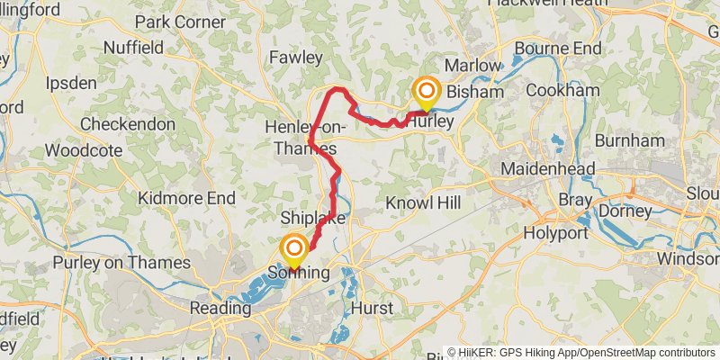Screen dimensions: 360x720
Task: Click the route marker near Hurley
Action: click(x=426, y=92)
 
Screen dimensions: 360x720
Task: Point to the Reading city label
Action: click(x=219, y=308)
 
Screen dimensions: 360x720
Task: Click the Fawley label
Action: click(x=295, y=58)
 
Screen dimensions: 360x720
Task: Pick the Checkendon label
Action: click(x=126, y=123)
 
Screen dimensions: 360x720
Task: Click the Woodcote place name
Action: click(x=83, y=150)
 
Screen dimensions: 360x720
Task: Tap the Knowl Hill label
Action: click(x=423, y=203)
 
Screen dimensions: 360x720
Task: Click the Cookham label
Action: click(x=562, y=91)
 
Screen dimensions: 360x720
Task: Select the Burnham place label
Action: click(x=624, y=140)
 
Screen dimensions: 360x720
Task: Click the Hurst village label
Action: click(x=372, y=309)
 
